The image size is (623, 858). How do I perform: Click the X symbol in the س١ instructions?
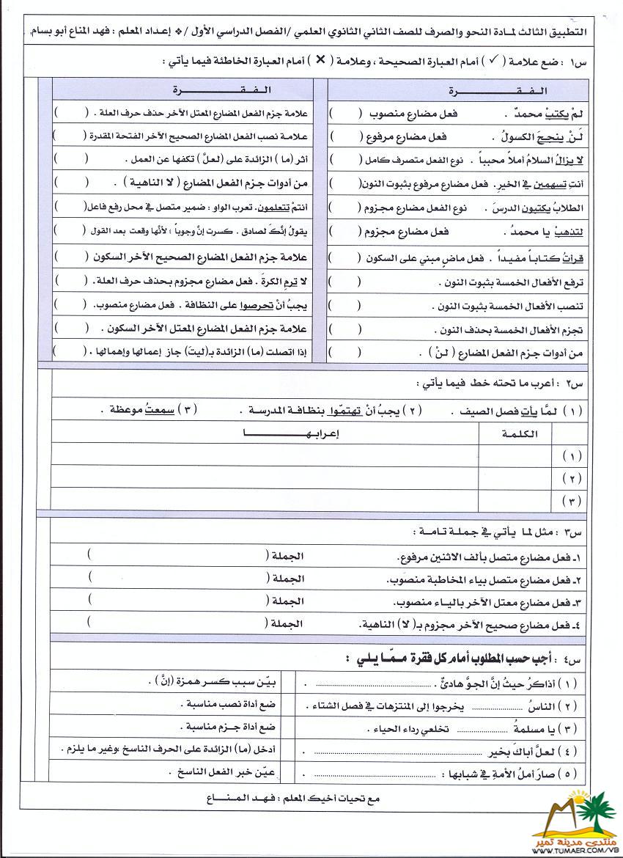pos(320,62)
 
